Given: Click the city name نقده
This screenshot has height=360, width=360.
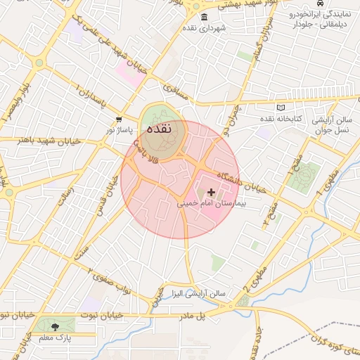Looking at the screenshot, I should [x=161, y=130].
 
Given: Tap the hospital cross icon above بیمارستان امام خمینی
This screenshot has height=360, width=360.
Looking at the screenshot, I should [x=211, y=192].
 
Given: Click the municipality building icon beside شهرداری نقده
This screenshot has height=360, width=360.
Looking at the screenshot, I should [x=204, y=18].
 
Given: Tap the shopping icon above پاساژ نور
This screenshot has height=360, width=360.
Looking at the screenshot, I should [x=118, y=120].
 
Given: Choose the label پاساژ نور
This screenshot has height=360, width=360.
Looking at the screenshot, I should [x=118, y=130].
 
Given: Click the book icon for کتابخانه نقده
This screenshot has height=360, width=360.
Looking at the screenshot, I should [x=281, y=108].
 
